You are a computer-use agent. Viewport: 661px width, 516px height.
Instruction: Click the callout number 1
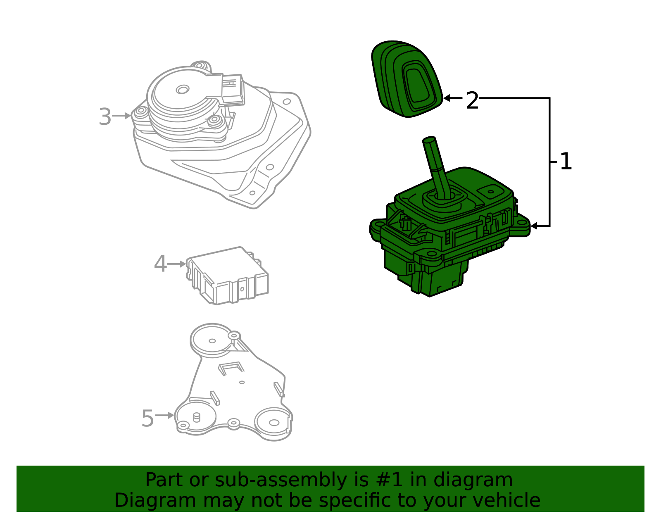coord(566,162)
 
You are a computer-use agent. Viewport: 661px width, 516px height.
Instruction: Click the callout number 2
coord(472,100)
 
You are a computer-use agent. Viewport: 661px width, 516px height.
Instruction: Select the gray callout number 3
coord(105,117)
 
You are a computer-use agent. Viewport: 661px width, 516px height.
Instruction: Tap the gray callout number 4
coord(160,264)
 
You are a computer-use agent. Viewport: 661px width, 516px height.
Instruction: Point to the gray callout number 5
coord(147,419)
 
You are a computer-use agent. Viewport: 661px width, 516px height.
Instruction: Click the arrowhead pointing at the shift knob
coord(447,98)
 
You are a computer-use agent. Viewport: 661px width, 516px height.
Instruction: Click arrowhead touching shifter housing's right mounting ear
coord(534,226)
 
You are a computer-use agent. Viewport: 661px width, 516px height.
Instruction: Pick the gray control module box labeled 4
coord(227,275)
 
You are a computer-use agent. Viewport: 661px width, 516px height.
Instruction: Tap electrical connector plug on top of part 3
coord(232,89)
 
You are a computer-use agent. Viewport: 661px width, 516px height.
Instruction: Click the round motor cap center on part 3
coord(182,89)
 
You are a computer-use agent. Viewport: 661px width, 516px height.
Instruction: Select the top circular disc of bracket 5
coord(212,340)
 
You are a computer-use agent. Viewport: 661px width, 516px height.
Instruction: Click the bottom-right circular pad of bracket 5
coord(273,422)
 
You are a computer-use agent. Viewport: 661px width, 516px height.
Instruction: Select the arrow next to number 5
coord(166,415)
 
